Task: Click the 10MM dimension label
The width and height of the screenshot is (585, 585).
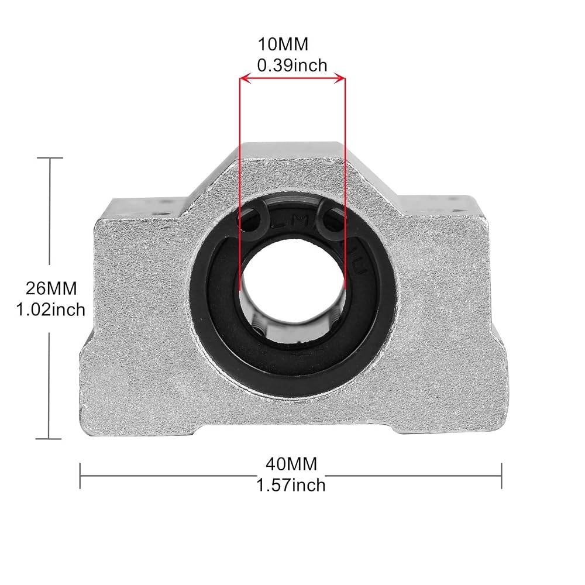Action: tap(283, 44)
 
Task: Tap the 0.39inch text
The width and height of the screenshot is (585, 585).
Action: tap(292, 66)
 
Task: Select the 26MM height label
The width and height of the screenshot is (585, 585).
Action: tap(51, 288)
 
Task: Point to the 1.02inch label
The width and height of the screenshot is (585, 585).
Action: tap(51, 309)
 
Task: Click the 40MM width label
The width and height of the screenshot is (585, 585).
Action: tap(291, 464)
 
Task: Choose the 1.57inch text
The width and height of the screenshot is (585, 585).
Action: tap(291, 486)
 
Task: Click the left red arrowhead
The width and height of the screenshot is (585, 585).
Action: tap(245, 78)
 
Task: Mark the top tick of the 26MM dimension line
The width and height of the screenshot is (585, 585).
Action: tap(50, 158)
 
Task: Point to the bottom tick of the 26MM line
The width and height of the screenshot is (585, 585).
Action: tap(49, 439)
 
